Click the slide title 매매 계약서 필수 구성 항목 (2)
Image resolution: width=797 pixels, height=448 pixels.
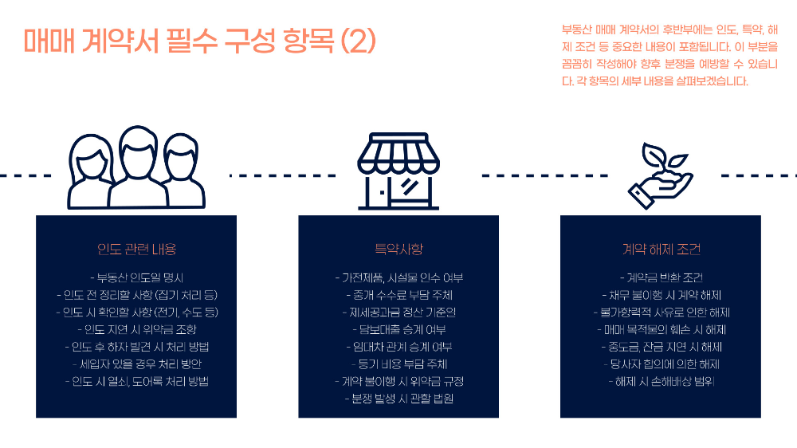pyautogui.click(x=199, y=41)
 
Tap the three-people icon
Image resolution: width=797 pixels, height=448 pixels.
pyautogui.click(x=136, y=167)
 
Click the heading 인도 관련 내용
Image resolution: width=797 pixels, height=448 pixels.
pyautogui.click(x=136, y=250)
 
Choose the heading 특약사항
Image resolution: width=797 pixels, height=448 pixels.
pyautogui.click(x=398, y=250)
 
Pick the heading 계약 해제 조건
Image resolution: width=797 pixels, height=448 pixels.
pyautogui.click(x=661, y=250)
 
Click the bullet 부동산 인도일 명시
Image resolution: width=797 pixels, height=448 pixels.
pyautogui.click(x=136, y=278)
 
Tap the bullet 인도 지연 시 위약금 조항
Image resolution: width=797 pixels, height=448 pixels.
pyautogui.click(x=136, y=329)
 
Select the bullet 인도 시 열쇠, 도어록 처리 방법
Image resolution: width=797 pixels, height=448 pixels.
pyautogui.click(x=136, y=381)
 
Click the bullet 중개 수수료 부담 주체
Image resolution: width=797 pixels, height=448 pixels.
pyautogui.click(x=398, y=295)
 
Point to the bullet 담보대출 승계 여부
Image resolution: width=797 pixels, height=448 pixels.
pyautogui.click(x=398, y=329)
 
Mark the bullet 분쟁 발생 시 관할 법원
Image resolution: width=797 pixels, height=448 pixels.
pyautogui.click(x=398, y=399)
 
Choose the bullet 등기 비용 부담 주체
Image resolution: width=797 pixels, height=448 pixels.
pyautogui.click(x=398, y=364)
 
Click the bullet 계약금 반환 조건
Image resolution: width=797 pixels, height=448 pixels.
pyautogui.click(x=661, y=278)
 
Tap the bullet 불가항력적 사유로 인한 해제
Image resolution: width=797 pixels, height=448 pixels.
pyautogui.click(x=661, y=312)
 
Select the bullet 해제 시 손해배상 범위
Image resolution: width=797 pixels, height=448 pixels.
pyautogui.click(x=661, y=381)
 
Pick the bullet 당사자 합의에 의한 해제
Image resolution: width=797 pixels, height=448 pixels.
pyautogui.click(x=661, y=364)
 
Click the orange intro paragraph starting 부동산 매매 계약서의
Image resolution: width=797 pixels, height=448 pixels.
pyautogui.click(x=669, y=55)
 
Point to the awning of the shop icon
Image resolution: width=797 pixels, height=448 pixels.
pyautogui.click(x=398, y=151)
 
